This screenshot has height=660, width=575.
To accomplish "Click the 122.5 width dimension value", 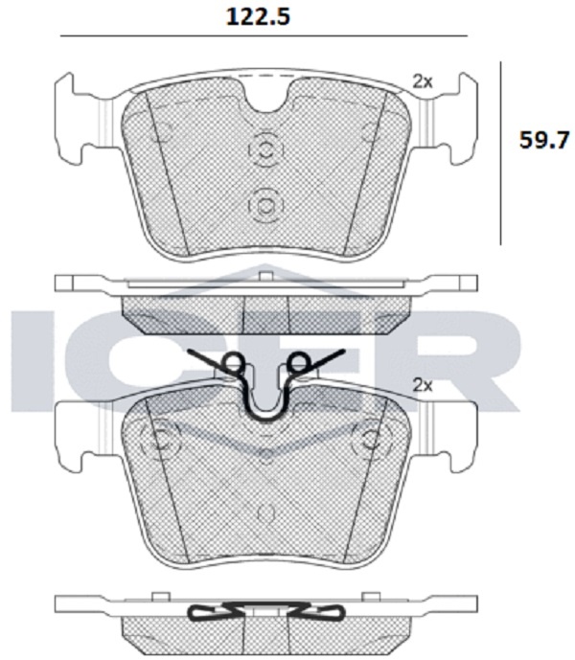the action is pos(258,17).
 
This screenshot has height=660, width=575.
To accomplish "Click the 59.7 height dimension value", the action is pos(544,140).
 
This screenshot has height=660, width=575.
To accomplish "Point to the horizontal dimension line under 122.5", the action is pos(264,36).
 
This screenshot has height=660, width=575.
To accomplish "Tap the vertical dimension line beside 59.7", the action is pos(500,153).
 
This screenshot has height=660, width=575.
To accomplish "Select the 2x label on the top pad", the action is pos(422,81).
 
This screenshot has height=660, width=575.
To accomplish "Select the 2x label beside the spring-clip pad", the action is pos(422,385).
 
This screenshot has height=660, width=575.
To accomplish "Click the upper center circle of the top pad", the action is pos(265,149).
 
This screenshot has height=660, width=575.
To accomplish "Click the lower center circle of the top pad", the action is pos(265,206).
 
